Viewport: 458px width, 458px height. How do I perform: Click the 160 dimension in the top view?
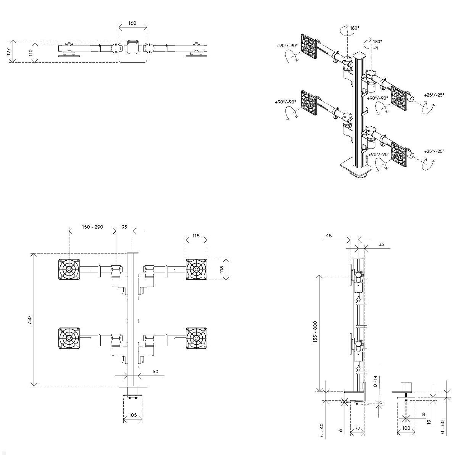click(132, 23)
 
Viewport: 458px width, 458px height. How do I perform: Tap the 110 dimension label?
click(31, 53)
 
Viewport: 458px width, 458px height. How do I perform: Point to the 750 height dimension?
click(29, 320)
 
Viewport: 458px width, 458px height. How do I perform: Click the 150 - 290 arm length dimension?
click(92, 227)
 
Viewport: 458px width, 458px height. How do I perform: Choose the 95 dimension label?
click(124, 227)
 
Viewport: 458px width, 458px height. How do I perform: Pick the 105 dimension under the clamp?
click(132, 415)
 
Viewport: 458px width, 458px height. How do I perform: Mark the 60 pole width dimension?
click(155, 371)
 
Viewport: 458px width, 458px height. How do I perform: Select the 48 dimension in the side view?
click(329, 236)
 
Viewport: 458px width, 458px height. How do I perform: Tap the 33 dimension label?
click(381, 244)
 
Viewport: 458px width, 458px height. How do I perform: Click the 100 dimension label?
click(406, 428)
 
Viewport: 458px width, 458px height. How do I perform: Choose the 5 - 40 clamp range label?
click(322, 431)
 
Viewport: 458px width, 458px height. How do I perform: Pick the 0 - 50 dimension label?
click(442, 427)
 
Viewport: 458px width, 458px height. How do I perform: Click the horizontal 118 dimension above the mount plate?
click(196, 236)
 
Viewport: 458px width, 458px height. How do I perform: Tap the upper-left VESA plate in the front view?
click(69, 269)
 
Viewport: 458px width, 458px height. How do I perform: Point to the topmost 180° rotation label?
click(355, 28)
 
